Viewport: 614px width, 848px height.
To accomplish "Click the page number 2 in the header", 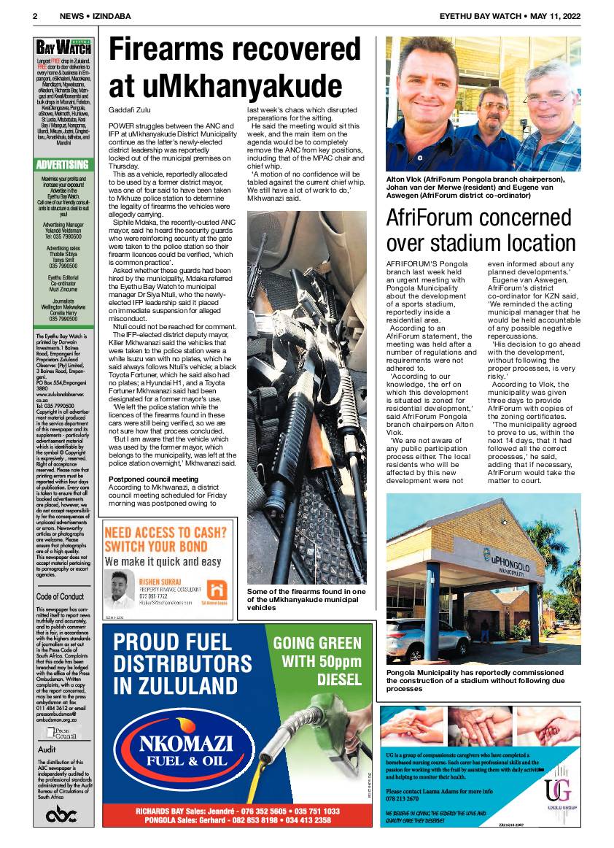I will pos(35,15).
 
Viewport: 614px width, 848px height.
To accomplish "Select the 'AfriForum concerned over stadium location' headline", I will pos(481,229).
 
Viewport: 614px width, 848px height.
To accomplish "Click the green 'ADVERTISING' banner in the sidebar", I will pos(63,164).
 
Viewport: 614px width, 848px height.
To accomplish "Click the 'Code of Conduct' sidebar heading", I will pos(61,596).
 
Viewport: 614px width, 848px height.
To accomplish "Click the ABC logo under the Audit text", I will pos(62,815).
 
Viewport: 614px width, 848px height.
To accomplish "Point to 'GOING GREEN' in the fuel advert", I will pos(316,643).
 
